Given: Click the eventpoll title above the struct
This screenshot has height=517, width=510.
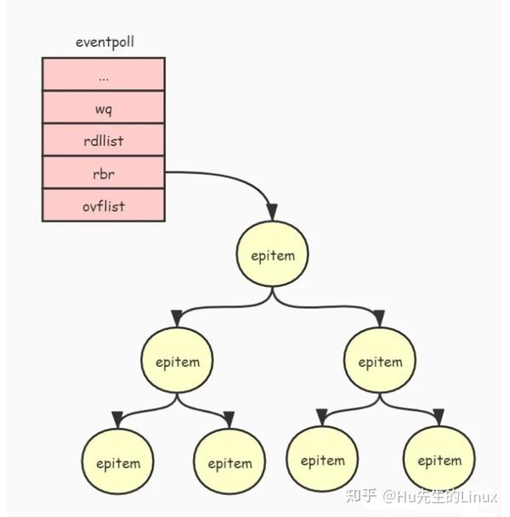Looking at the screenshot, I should [x=104, y=41].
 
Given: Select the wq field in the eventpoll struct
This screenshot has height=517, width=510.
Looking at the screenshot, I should [x=103, y=107].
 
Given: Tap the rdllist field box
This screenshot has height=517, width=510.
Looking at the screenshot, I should [x=103, y=140].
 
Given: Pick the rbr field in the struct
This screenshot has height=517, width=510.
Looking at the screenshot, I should [x=103, y=172].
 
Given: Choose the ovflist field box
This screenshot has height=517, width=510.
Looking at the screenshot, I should [x=103, y=205].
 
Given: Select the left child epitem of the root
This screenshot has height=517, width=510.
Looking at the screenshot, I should [x=177, y=362].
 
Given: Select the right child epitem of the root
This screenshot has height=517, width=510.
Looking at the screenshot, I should [x=380, y=362].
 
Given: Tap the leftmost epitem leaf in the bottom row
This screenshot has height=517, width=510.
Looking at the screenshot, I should [x=117, y=464].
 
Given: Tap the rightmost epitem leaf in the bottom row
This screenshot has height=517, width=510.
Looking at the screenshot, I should [x=439, y=460].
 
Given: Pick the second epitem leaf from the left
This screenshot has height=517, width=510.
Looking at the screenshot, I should [x=229, y=464].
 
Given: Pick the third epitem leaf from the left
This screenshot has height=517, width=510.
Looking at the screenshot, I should [x=322, y=460].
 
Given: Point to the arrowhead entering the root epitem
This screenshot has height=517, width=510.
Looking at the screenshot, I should [x=272, y=212].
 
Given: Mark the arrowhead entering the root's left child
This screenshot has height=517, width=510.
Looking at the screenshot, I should [x=177, y=319].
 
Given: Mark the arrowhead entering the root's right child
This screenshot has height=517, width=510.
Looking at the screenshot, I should [x=379, y=319].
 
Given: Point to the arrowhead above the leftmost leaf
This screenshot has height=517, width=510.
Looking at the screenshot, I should [x=117, y=419].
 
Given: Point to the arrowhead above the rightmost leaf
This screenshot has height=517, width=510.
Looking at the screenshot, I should [x=439, y=417].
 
